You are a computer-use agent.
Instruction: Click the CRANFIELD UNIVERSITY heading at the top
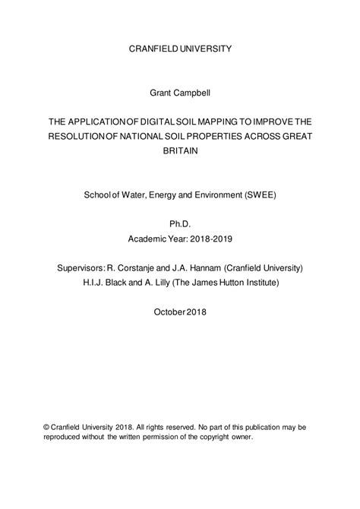click(x=179, y=49)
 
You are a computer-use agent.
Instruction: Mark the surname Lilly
click(x=171, y=283)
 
